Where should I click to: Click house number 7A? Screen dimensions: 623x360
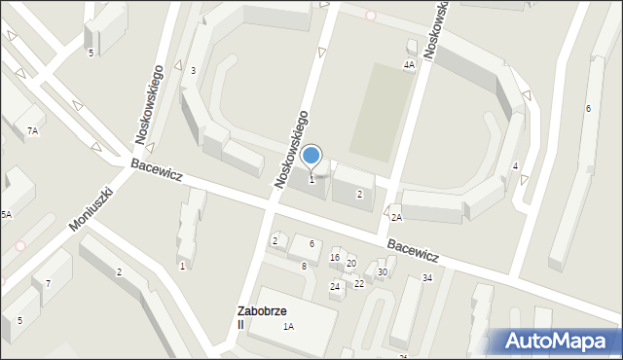click(32, 130)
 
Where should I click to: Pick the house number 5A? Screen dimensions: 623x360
click(6, 214)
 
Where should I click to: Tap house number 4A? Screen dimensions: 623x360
click(410, 64)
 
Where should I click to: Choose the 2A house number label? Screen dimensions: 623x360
click(396, 218)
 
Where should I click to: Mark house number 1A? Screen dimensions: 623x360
click(289, 327)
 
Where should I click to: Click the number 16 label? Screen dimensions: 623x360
click(335, 257)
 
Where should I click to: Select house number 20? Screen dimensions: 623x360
click(351, 264)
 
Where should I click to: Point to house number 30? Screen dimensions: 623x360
click(383, 272)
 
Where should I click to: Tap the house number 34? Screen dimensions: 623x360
click(426, 278)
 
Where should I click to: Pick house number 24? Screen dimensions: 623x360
click(335, 287)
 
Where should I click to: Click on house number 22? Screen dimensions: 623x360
click(359, 283)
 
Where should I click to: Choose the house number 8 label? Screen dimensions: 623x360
click(304, 266)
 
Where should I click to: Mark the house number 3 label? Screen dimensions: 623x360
click(193, 70)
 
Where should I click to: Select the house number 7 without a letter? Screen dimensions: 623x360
click(48, 284)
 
